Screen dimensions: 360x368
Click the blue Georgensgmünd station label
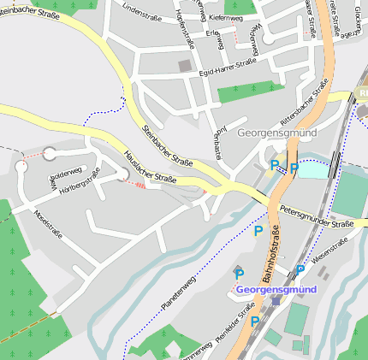(x=276, y=289)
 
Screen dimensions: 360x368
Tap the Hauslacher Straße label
(x=150, y=168)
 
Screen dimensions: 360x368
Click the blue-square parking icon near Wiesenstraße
(x=300, y=269)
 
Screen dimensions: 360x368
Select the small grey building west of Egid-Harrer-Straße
(x=185, y=65)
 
